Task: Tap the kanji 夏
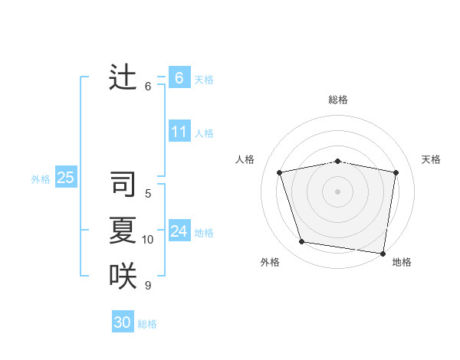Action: coord(123,230)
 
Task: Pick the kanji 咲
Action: coord(123,276)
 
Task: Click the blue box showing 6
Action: coord(179,77)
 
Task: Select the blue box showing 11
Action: coord(179,132)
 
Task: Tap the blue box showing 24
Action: coord(179,231)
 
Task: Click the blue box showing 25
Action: coord(65,178)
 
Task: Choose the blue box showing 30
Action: coord(123,322)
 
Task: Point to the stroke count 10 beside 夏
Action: coord(148,240)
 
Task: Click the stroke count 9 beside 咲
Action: coord(148,286)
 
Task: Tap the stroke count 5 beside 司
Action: coord(148,194)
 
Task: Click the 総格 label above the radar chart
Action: coord(337,100)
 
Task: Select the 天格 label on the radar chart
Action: coord(431,159)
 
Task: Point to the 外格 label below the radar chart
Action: coord(270,262)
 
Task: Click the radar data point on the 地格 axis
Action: coord(383,253)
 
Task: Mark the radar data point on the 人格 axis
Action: coord(280,172)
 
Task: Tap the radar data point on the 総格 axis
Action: coord(337,161)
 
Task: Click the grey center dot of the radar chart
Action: coord(337,191)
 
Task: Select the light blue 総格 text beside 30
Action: coord(147,324)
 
